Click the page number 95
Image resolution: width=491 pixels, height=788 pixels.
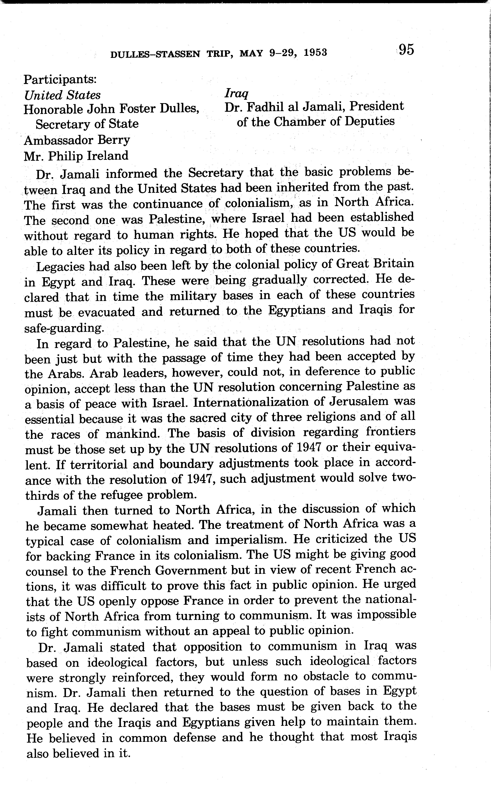406,50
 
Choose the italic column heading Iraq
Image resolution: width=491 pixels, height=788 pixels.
236,94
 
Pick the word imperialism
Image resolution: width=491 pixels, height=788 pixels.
251,540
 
